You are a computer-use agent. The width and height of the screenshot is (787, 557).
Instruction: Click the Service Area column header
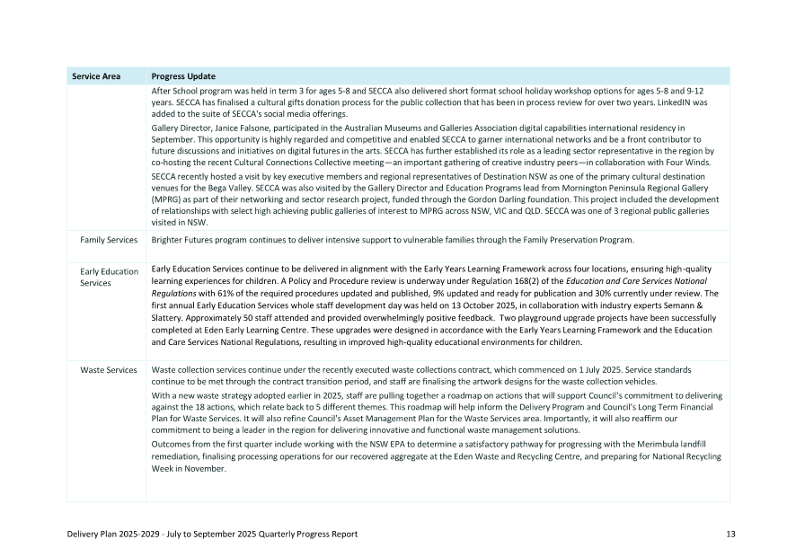96,76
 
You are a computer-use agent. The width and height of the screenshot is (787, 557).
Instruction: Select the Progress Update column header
183,76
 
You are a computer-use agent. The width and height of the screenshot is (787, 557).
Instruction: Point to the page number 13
730,535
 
